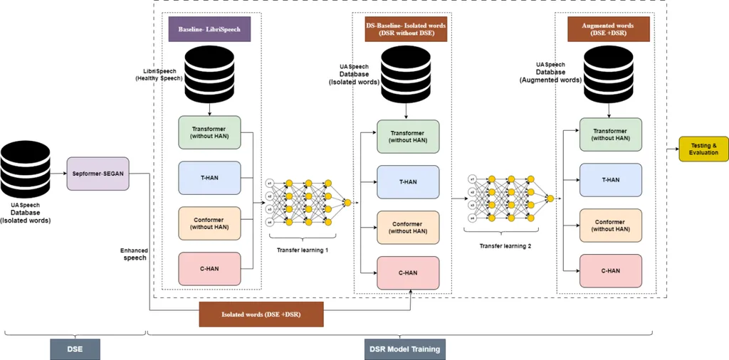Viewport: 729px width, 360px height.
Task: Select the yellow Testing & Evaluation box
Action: (x=703, y=148)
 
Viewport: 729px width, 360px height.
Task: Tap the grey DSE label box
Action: (x=75, y=349)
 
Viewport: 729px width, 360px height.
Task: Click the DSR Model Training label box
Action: (x=405, y=349)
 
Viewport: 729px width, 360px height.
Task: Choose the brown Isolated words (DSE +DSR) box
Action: (x=261, y=314)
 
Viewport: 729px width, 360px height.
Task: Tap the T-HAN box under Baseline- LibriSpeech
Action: (x=209, y=176)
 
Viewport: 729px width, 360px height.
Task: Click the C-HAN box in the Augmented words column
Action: (x=611, y=270)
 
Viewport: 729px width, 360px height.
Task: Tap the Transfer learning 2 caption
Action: (x=506, y=245)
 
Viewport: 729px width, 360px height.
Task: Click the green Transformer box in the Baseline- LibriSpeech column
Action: (x=209, y=133)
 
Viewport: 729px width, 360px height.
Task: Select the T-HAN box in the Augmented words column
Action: (x=611, y=179)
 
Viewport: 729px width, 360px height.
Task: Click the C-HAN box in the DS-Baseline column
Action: (x=408, y=272)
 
